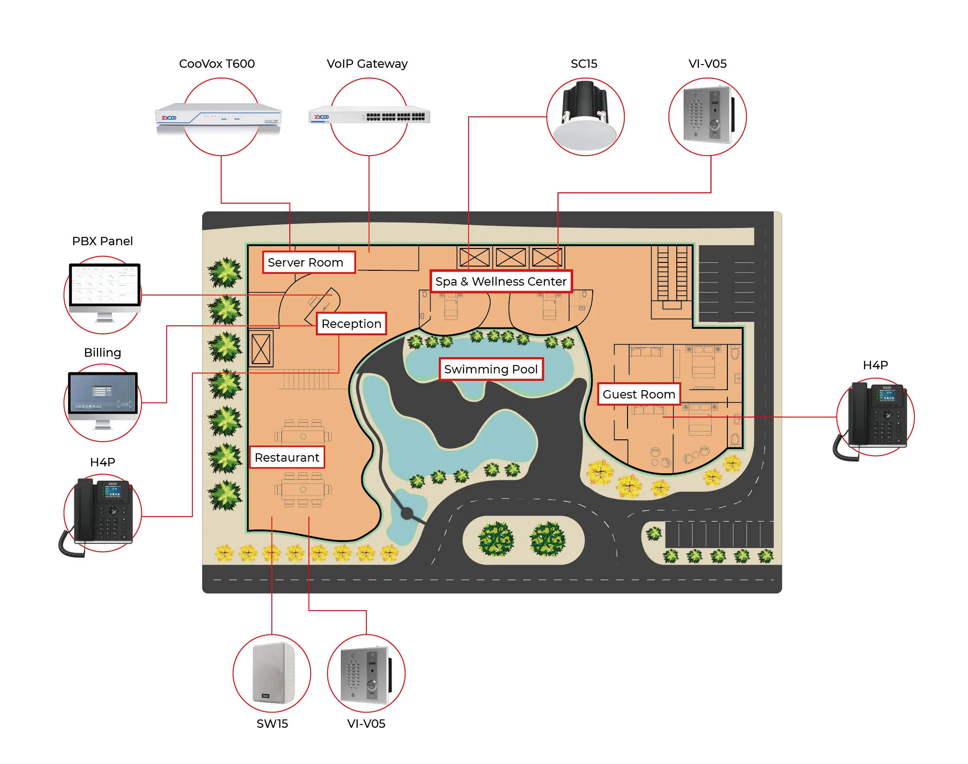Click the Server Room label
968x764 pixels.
(308, 262)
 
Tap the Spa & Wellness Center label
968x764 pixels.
(501, 281)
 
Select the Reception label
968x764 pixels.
(351, 324)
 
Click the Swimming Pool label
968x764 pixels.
(491, 369)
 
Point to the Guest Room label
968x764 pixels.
(639, 394)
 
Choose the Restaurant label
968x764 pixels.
(287, 457)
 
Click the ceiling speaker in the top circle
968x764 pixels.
(585, 117)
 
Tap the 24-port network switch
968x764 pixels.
(370, 116)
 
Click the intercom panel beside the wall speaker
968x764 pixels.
(366, 674)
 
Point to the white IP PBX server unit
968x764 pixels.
(217, 118)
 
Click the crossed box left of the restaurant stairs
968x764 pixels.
(261, 349)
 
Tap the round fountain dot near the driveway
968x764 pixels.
(407, 513)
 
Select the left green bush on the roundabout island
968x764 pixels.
(496, 539)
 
